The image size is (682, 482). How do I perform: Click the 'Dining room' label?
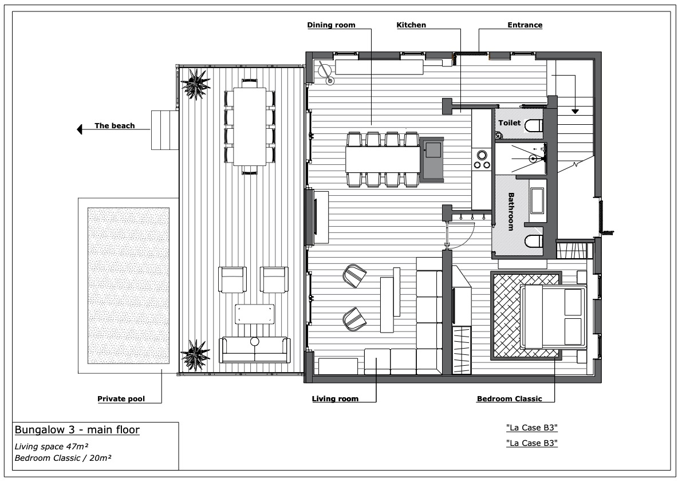(x=331, y=25)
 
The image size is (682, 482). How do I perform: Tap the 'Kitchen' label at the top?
(x=411, y=25)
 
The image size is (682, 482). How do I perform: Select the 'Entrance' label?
(x=525, y=25)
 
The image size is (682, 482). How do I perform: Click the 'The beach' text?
(x=115, y=126)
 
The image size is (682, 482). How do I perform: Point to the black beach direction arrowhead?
(x=79, y=129)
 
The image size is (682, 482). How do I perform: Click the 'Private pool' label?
(x=121, y=399)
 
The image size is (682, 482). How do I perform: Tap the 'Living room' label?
(x=336, y=399)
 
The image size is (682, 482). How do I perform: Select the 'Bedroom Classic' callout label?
(x=509, y=399)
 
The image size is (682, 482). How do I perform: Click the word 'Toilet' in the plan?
(x=509, y=123)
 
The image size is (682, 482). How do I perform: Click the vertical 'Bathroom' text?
(x=511, y=212)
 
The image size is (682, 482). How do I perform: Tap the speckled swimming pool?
(x=128, y=286)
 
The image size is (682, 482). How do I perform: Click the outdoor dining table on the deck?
(x=250, y=127)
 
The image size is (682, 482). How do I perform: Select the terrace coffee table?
(x=255, y=314)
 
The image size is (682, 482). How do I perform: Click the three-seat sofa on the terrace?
(x=254, y=350)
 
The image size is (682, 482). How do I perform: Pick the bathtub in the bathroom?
(x=537, y=201)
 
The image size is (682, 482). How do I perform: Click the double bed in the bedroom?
(x=553, y=316)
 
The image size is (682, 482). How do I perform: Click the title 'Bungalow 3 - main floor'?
(x=77, y=430)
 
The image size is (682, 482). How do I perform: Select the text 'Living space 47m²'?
(x=52, y=447)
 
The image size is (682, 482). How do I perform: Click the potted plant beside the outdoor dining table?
(x=195, y=84)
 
